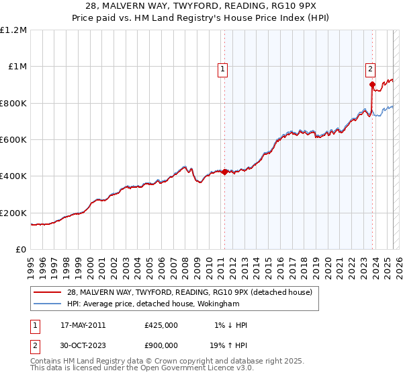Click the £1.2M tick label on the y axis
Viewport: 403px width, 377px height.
click(13, 30)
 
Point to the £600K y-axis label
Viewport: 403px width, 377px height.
click(13, 140)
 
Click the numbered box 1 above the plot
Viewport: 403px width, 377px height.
click(222, 68)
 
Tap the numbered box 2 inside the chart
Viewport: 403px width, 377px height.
click(370, 68)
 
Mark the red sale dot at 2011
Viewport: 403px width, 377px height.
click(224, 172)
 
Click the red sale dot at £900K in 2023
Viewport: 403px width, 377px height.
click(372, 85)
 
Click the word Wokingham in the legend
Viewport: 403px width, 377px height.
click(218, 304)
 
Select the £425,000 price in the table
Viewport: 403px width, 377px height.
click(161, 325)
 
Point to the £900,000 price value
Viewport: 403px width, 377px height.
click(161, 345)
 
